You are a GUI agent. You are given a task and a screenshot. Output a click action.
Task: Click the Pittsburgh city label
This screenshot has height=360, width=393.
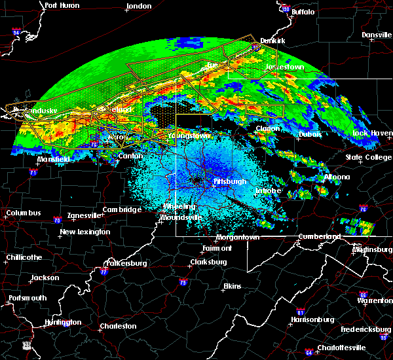(229, 181)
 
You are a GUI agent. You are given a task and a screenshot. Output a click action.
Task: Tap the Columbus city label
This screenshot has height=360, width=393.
(24, 213)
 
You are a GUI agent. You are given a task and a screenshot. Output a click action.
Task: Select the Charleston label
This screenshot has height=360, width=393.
(118, 326)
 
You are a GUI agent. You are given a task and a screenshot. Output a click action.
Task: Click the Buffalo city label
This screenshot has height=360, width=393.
(302, 12)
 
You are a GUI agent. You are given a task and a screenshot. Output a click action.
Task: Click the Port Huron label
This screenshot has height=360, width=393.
(62, 5)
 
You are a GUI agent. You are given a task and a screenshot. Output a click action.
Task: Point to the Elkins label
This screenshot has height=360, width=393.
(232, 287)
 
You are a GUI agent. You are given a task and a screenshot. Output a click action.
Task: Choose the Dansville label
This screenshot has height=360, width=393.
(375, 34)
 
